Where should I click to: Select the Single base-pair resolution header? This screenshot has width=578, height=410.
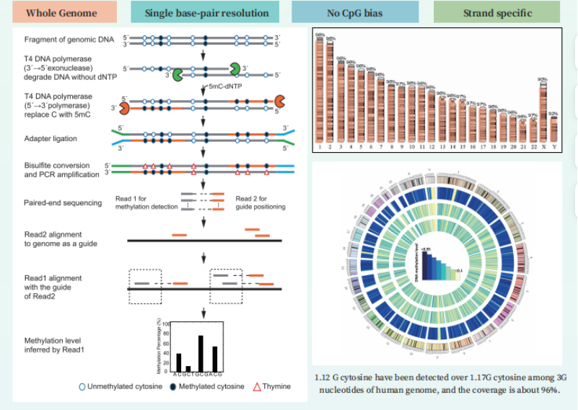[206, 13]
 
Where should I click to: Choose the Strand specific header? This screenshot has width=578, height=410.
[497, 13]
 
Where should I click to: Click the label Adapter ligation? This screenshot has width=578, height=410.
[51, 138]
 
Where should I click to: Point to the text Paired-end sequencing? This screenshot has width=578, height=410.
[63, 202]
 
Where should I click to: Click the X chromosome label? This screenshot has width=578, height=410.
[543, 146]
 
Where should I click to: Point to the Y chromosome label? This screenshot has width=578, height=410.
[553, 146]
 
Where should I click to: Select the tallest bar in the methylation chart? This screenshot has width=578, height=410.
[201, 352]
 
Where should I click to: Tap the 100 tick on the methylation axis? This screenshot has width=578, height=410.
[165, 324]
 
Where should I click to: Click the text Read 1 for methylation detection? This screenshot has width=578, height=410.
[146, 202]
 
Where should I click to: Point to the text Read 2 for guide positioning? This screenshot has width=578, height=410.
[260, 202]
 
